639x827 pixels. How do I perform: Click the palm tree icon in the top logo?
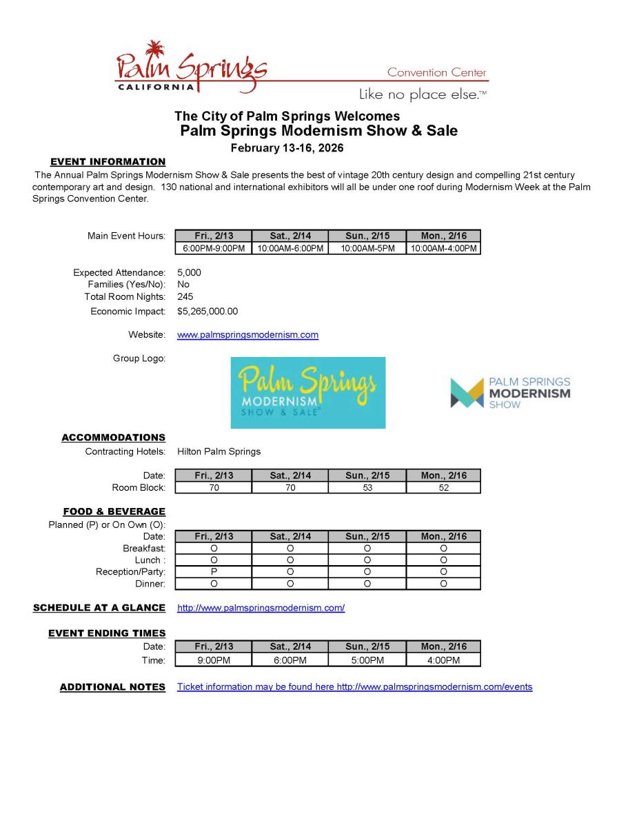[x=156, y=50]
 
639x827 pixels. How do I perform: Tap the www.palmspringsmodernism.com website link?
[x=247, y=335]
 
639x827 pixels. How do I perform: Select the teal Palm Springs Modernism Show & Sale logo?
[x=307, y=392]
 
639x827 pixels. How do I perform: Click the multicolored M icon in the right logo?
[x=467, y=392]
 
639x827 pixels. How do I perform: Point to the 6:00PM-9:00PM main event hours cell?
[x=214, y=248]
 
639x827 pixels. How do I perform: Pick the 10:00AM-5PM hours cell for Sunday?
[x=367, y=248]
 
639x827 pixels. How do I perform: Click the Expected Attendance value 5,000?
[x=189, y=272]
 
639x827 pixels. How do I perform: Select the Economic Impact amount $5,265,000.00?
[x=207, y=312]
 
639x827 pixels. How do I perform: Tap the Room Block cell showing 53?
[x=367, y=488]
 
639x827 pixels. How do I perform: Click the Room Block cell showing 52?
[x=443, y=488]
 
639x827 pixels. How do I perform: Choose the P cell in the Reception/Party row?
[x=214, y=572]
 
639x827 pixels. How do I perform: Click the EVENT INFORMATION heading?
[x=108, y=162]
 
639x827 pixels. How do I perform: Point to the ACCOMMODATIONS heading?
[x=113, y=438]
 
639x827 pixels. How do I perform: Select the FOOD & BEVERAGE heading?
[x=114, y=511]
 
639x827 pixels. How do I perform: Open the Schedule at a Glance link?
[x=261, y=608]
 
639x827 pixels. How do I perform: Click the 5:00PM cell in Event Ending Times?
[x=367, y=660]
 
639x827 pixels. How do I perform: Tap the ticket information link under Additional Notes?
[x=354, y=687]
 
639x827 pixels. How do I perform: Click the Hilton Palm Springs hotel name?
[x=219, y=451]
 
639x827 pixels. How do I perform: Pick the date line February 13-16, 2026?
[x=287, y=148]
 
